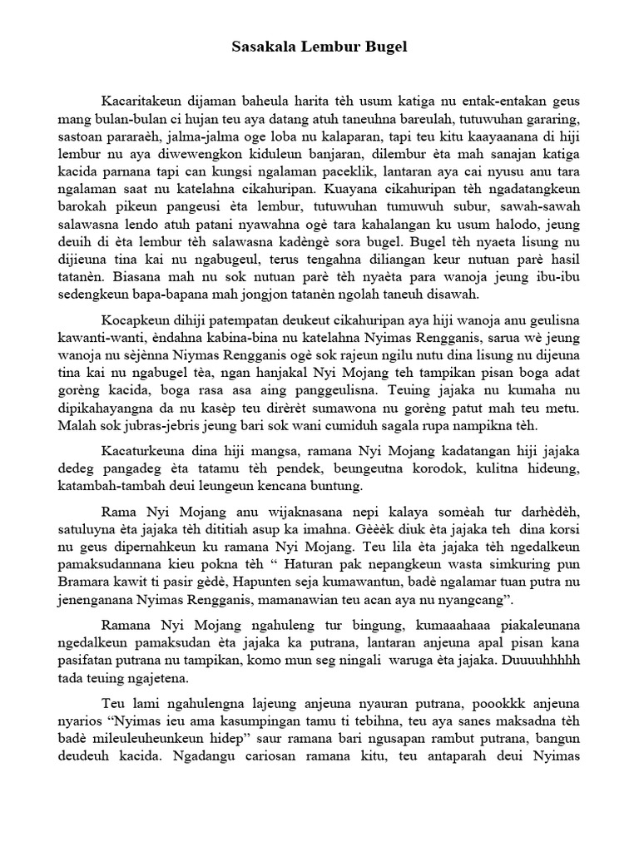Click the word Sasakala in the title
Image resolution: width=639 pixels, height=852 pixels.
(260, 48)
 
